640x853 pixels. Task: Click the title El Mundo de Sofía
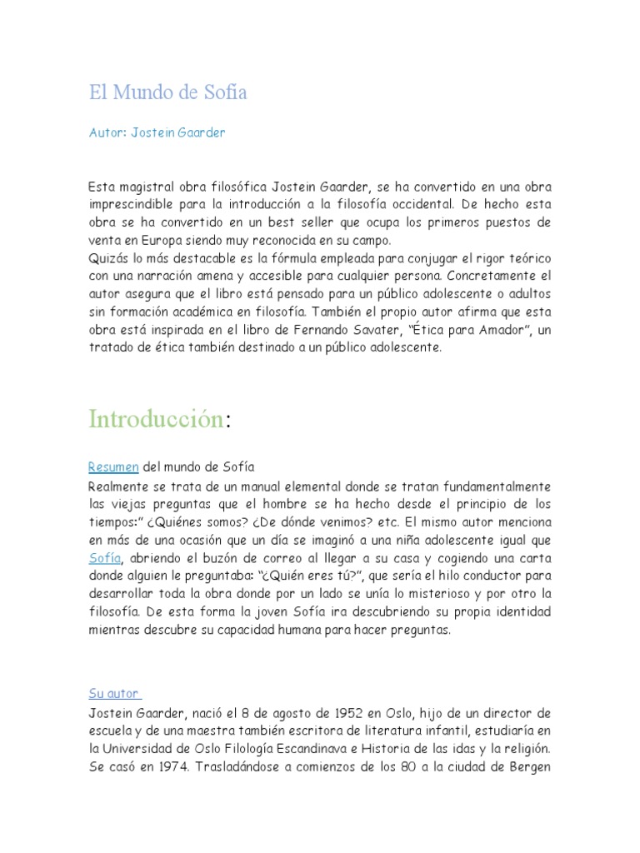point(168,92)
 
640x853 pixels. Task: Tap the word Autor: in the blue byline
point(107,132)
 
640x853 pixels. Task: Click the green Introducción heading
point(157,418)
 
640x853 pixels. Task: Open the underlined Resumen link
point(113,467)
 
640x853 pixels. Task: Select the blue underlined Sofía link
point(105,558)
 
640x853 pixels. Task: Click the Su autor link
point(115,694)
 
